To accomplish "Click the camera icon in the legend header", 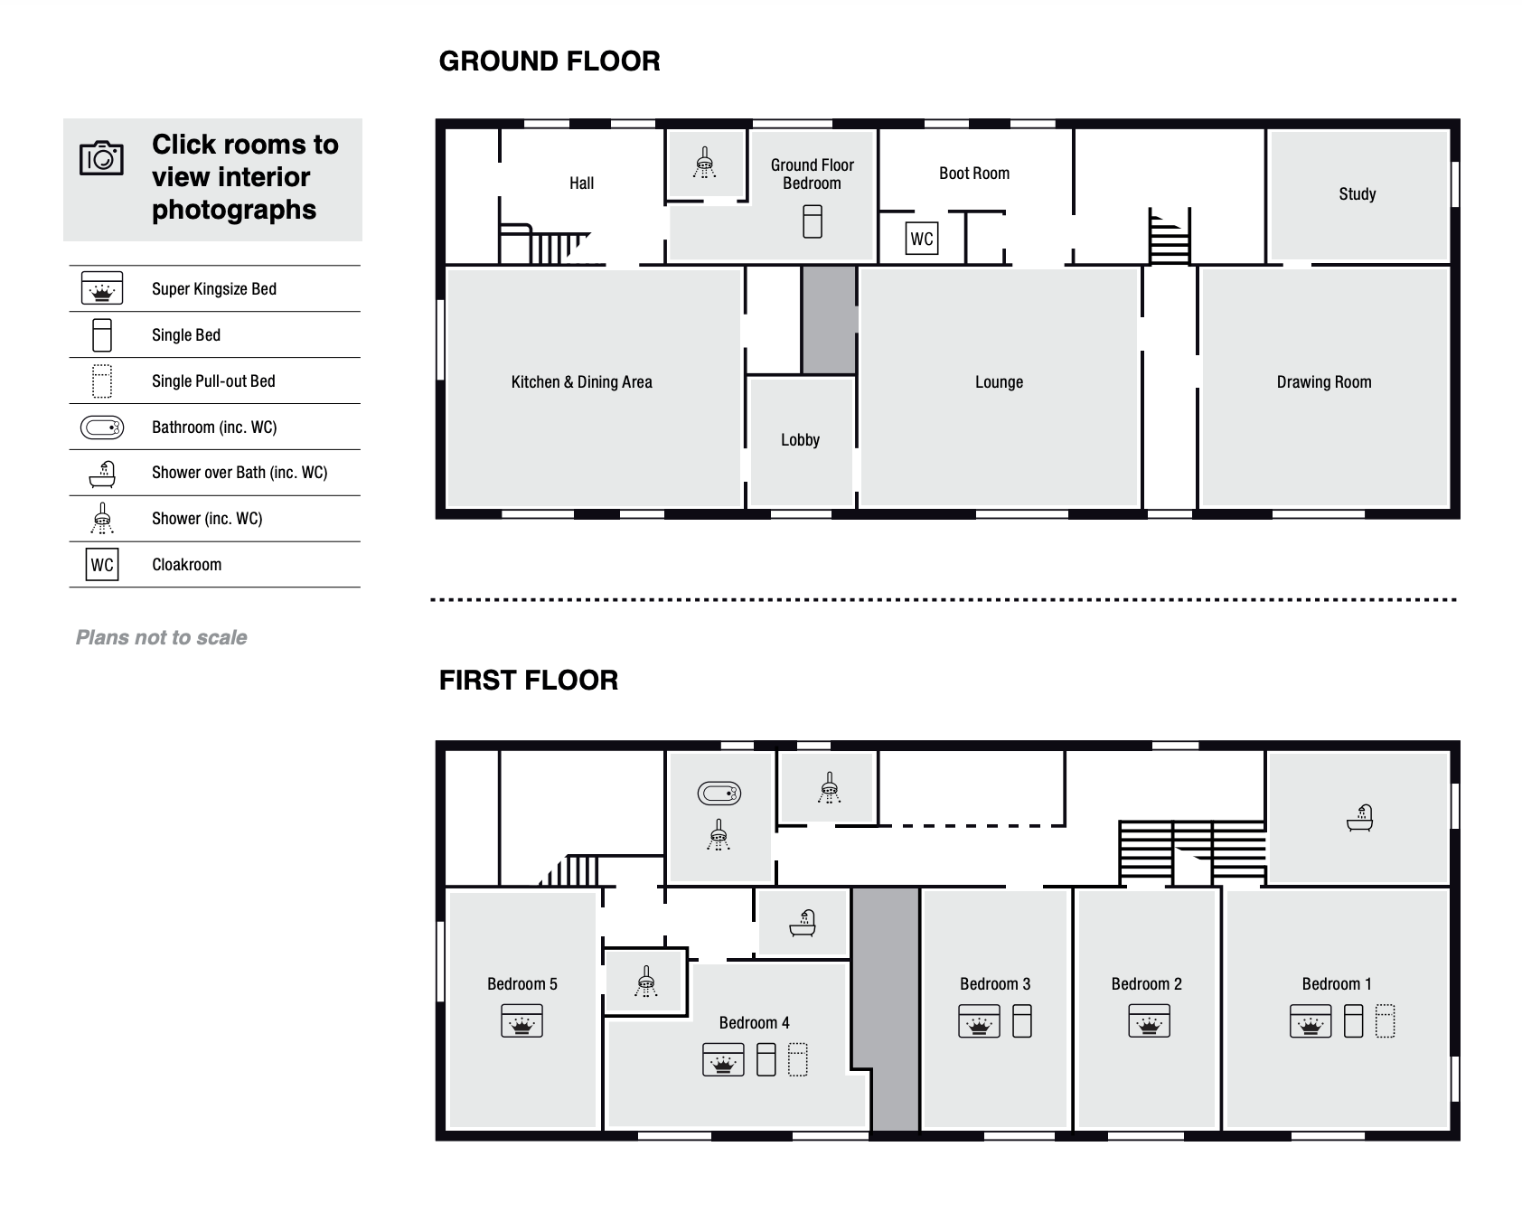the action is point(101,158).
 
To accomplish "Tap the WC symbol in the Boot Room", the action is point(921,239).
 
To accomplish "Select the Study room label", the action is point(1357,193).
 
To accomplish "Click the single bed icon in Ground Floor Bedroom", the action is point(813,221).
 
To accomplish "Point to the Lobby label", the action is point(800,440).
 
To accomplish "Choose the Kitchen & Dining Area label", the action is point(581,382).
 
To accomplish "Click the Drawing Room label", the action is point(1324,382).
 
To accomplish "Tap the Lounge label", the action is point(999,382).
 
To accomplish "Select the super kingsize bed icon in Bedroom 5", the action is point(521,1021).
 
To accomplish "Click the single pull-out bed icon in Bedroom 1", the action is point(1385,1021).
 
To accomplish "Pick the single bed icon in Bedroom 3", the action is point(1022,1021).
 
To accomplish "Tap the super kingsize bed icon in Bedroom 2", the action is point(1149,1021).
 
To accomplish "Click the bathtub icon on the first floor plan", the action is point(719,794).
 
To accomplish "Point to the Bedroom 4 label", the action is point(754,1023).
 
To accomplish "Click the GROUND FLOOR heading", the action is point(550,61).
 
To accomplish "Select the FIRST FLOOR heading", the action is point(529,681).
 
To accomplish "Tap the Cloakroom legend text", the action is point(186,565).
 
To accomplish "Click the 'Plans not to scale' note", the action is point(161,637).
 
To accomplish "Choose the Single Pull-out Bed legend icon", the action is point(102,381).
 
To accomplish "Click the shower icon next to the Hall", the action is point(704,164).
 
